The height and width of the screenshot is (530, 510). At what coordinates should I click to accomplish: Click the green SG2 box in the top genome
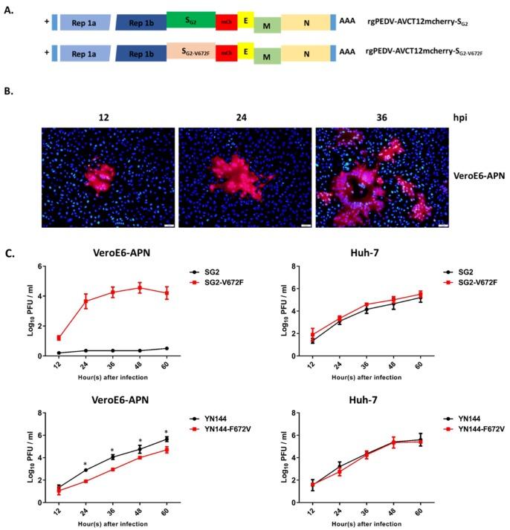pyautogui.click(x=190, y=20)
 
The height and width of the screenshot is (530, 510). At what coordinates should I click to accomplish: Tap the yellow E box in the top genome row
pyautogui.click(x=245, y=21)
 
